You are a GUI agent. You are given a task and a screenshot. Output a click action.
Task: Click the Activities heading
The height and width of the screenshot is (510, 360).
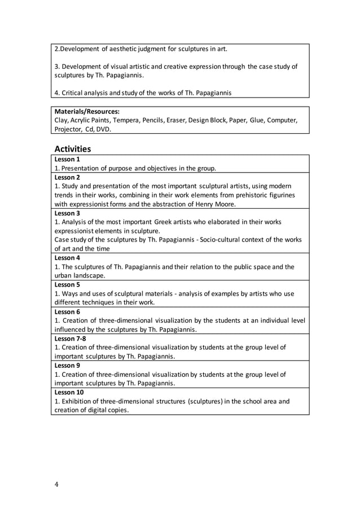click(73, 149)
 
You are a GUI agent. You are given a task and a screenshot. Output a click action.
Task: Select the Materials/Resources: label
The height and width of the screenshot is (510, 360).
click(87, 112)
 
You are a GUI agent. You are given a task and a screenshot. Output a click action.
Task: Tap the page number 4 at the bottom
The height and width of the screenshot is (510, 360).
click(56, 483)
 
